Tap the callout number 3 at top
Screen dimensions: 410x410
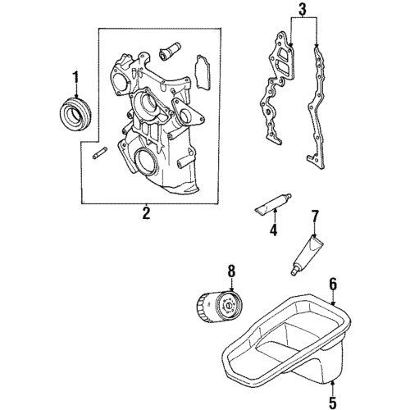(x=302, y=10)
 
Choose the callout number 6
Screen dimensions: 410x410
(x=333, y=284)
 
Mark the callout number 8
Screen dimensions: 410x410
(x=230, y=270)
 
